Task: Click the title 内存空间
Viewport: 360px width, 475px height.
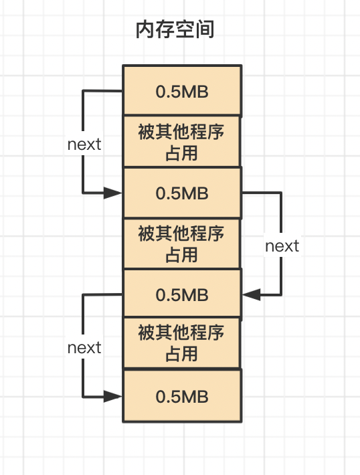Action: pos(175,29)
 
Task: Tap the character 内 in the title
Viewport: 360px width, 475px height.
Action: pos(145,29)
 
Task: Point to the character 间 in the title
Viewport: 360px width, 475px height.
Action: pos(205,29)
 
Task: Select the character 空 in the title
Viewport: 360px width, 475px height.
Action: pos(185,29)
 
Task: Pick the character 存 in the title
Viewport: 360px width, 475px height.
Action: pos(165,29)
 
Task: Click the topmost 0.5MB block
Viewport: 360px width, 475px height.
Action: pos(182,90)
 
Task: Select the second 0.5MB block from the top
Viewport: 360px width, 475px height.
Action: pos(182,193)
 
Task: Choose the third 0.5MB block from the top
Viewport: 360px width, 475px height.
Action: pos(182,293)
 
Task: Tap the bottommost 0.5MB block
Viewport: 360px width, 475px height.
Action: pos(182,395)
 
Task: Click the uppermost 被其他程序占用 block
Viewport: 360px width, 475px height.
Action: pos(181,141)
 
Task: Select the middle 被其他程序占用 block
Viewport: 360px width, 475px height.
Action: pos(181,244)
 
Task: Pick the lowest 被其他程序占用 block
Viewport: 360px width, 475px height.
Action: pos(181,343)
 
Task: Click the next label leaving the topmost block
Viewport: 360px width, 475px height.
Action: pos(84,145)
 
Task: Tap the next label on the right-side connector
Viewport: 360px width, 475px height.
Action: pos(282,246)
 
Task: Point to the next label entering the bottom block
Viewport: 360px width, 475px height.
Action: pos(84,347)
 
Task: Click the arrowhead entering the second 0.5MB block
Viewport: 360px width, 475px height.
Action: pos(112,193)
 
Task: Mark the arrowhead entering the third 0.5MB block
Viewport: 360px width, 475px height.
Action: pos(252,294)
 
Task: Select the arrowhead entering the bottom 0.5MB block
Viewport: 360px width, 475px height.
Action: pos(112,396)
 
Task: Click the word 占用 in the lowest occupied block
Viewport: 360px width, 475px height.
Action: pos(181,354)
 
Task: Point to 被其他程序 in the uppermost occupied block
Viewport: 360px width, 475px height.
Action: pos(181,132)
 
